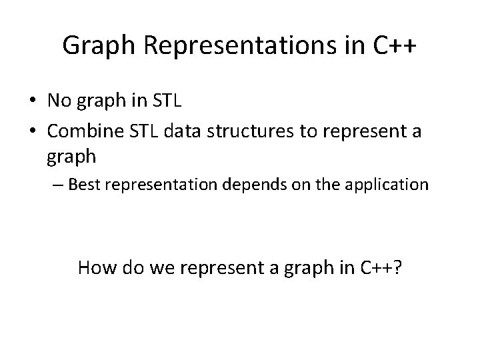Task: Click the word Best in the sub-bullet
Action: click(x=83, y=184)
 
